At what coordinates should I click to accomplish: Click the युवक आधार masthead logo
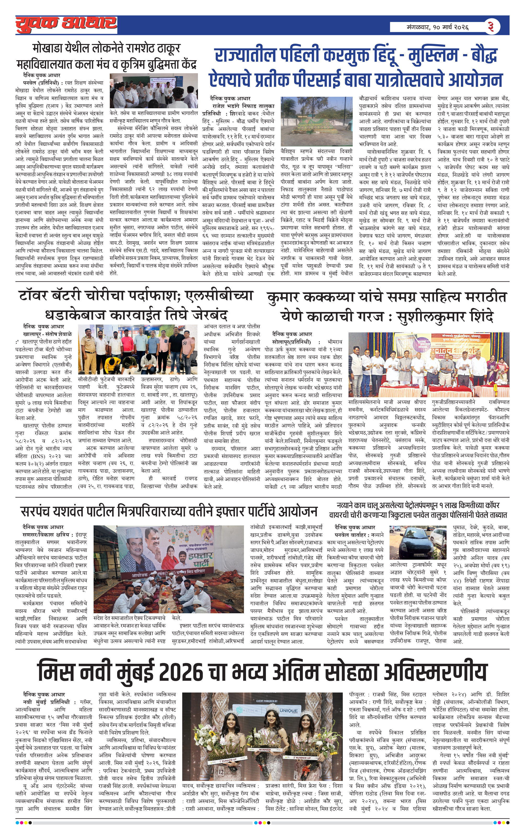point(66,25)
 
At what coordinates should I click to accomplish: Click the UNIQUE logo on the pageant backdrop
point(288,710)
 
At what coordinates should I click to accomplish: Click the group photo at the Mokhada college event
point(153,90)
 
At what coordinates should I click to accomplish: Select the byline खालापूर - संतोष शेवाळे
point(47,334)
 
